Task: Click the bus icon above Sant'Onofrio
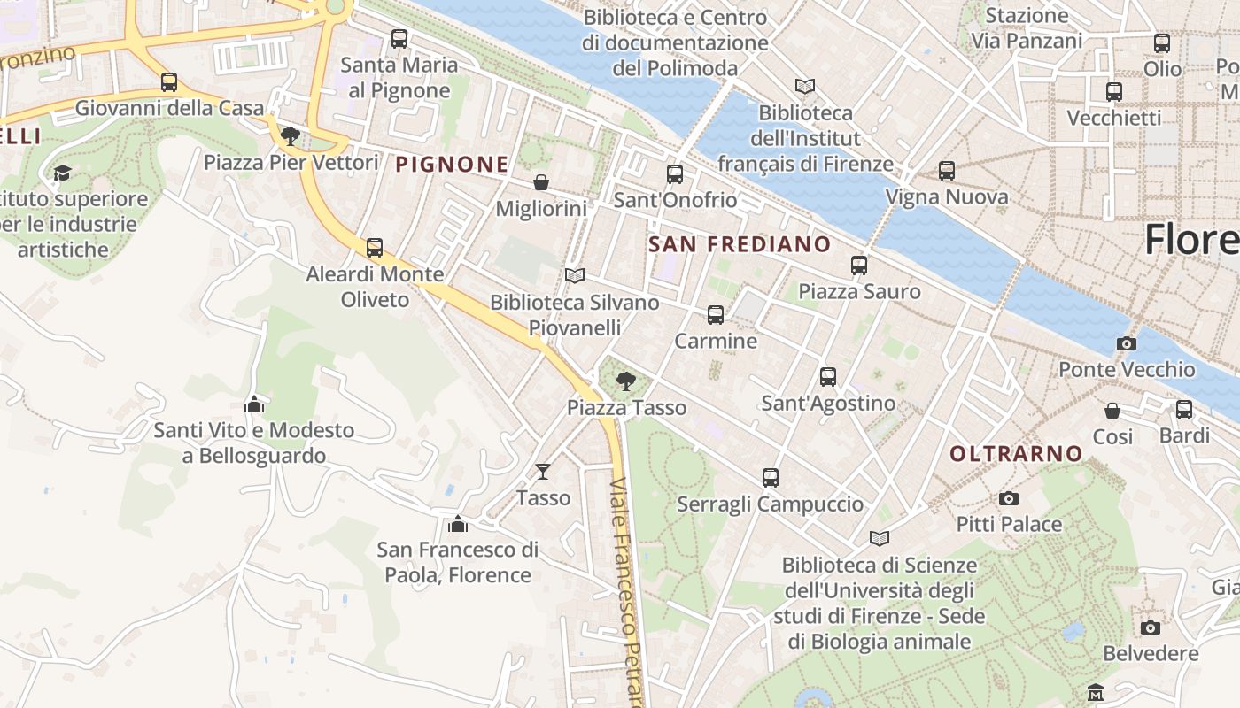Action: tap(675, 174)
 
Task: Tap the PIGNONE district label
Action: tap(452, 164)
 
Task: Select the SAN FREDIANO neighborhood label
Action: tap(740, 244)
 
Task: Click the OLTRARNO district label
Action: tap(1016, 454)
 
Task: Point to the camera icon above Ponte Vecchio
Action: tap(1126, 343)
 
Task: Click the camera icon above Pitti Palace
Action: tap(1008, 499)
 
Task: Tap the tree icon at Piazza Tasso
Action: tap(626, 381)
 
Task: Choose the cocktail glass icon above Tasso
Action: tap(543, 472)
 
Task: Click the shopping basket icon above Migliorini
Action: tap(540, 182)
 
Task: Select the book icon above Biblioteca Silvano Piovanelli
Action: tap(575, 276)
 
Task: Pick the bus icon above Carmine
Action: tap(715, 315)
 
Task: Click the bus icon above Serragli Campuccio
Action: tap(770, 478)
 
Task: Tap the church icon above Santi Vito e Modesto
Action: tap(254, 404)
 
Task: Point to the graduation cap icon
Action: tap(62, 173)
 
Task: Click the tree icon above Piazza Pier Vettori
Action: tap(290, 136)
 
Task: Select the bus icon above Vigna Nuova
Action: tap(946, 171)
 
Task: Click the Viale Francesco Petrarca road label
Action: tap(626, 593)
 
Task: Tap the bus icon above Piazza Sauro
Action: tap(858, 265)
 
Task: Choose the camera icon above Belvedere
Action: tap(1150, 627)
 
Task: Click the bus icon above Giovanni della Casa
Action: tap(168, 82)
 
